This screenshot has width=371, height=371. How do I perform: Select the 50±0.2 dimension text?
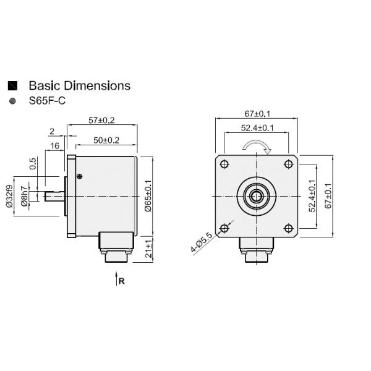coord(106,140)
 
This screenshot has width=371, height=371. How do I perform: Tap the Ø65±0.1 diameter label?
coord(148,197)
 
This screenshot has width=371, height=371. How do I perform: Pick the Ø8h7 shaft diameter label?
coord(24,195)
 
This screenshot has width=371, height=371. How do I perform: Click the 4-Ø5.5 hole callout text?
coord(202,242)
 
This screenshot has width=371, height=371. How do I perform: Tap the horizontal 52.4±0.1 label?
coord(258,128)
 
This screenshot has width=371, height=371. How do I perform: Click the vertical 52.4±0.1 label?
coord(312,197)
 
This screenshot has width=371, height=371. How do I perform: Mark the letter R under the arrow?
coord(122,281)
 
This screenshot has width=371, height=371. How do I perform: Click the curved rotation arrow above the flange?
coord(255,147)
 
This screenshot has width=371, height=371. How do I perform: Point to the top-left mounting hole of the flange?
coord(224,164)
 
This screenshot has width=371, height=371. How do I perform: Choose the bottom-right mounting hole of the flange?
coord(288,228)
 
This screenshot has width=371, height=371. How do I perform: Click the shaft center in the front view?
coord(255,196)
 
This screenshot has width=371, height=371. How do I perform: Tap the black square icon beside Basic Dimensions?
coord(12,86)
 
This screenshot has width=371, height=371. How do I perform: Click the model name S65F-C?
coord(47,101)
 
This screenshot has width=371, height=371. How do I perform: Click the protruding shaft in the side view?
coord(54,196)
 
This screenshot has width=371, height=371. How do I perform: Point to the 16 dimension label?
coord(54,145)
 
